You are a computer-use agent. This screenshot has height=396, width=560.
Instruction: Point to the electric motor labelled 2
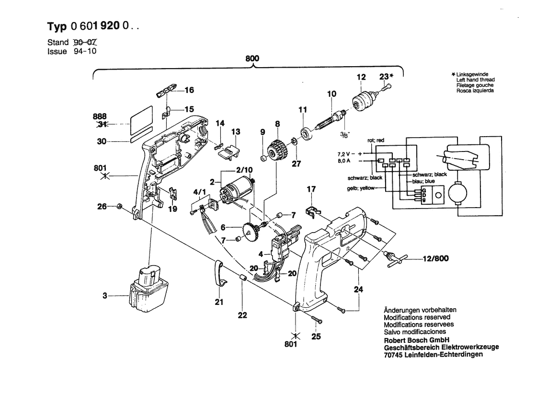[237, 188]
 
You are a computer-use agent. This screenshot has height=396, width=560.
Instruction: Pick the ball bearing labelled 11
[307, 132]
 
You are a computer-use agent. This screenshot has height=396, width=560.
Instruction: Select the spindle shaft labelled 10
[331, 119]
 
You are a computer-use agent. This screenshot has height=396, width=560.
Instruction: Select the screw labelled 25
[316, 319]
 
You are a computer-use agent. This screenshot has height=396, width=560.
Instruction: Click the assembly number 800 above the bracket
[252, 58]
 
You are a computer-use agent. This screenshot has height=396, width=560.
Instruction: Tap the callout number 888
[100, 116]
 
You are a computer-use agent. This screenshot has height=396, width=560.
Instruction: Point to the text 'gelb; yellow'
[361, 188]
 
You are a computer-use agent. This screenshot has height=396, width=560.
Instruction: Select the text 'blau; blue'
[423, 181]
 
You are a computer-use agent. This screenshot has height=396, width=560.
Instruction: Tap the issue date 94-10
[85, 51]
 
